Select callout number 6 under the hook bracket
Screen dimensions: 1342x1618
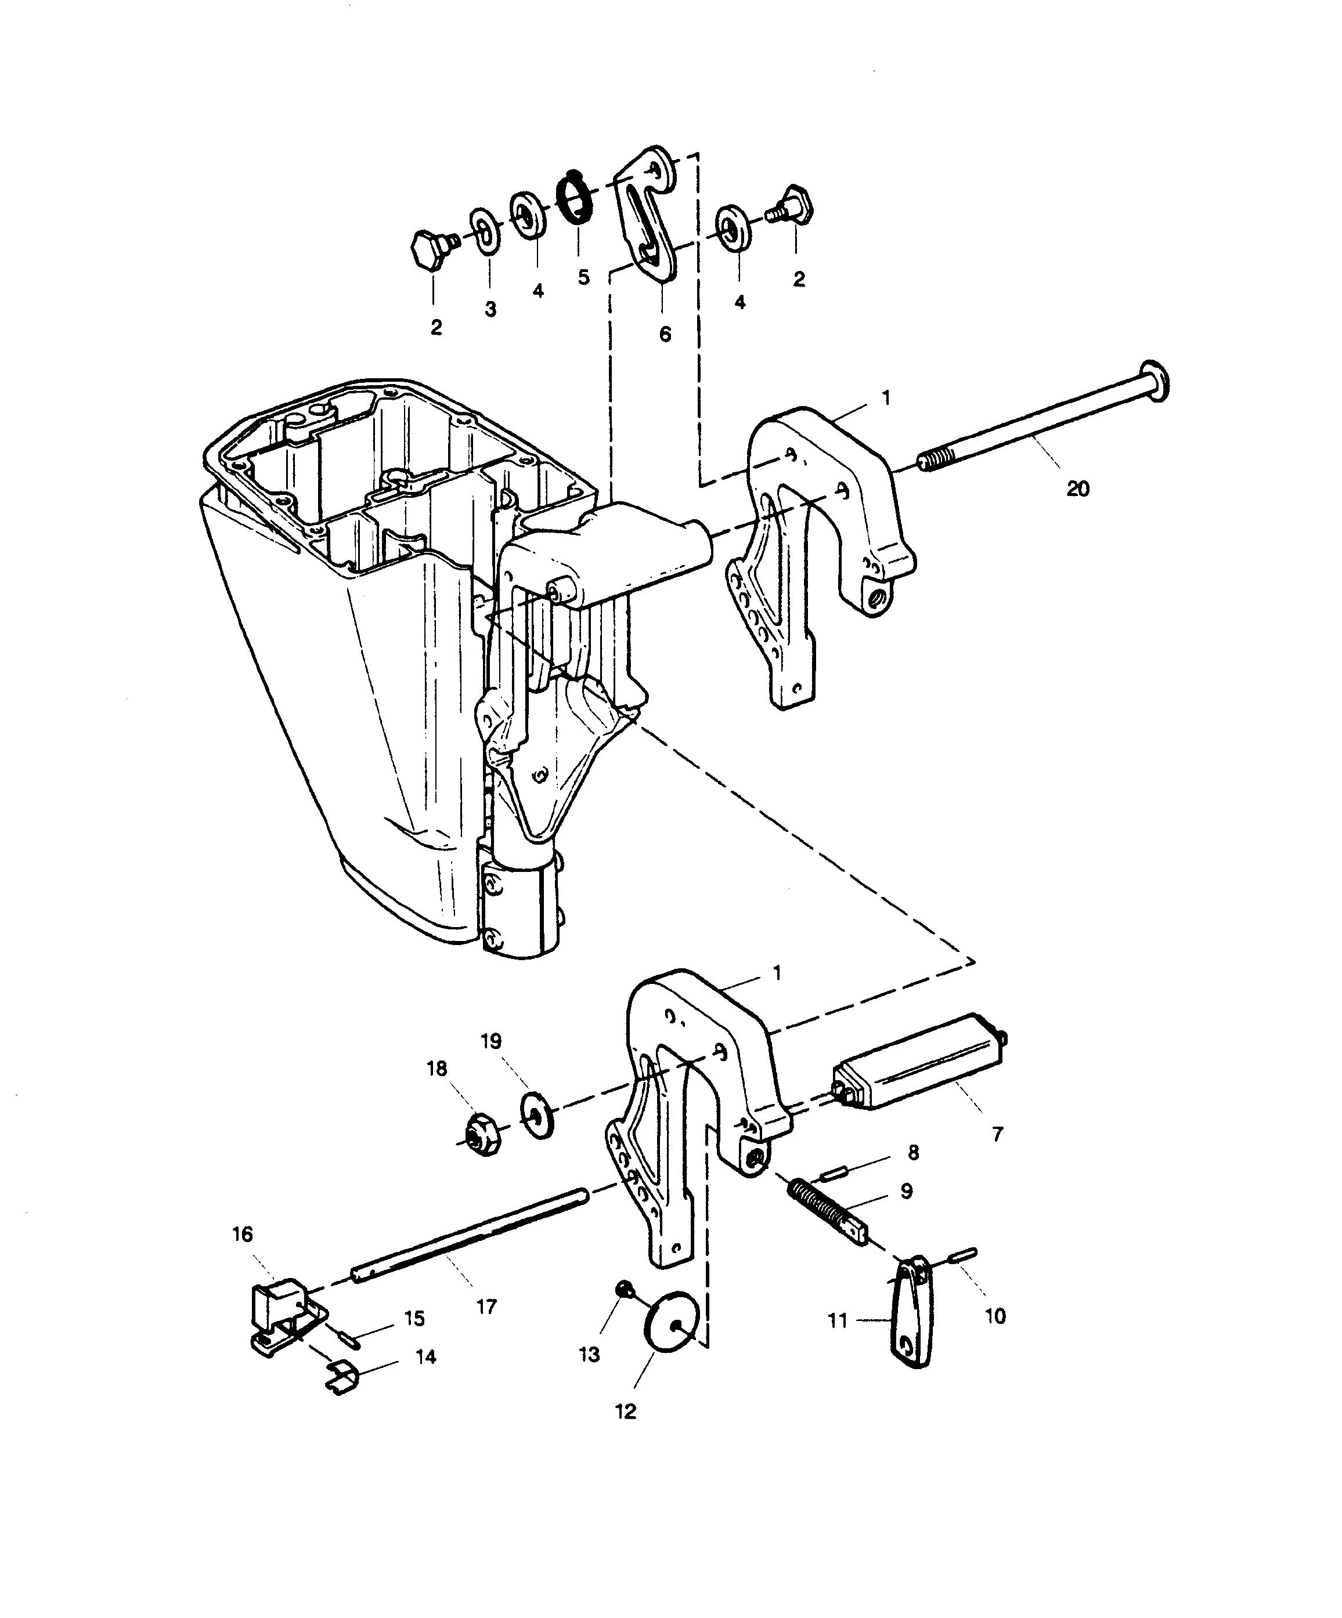665,334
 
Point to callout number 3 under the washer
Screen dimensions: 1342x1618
490,309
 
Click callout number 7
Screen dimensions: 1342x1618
997,1134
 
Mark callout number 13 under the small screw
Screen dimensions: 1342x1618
589,1355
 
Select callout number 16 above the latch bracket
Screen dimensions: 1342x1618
242,1235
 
